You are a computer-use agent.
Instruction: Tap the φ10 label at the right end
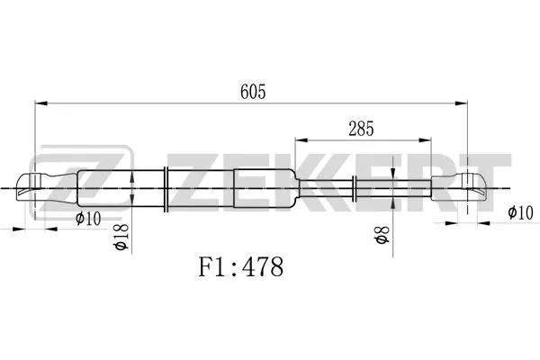click(520, 213)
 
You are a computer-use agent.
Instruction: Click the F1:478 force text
click(240, 267)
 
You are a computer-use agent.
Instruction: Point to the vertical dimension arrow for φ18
click(133, 188)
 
